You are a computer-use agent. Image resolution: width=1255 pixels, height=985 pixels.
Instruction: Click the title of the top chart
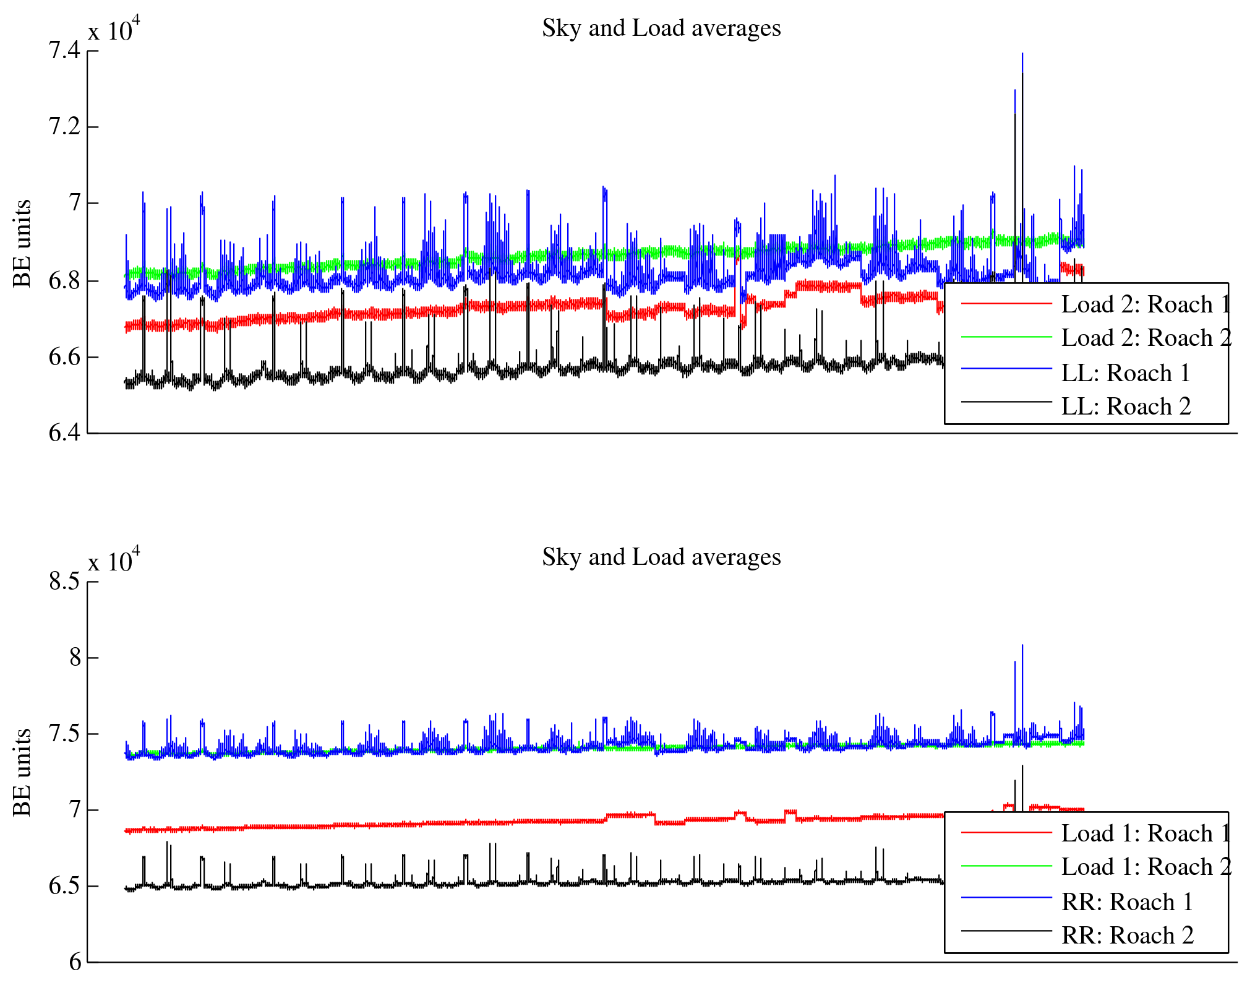(x=661, y=28)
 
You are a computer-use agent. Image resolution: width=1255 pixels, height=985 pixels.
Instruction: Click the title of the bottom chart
(x=661, y=557)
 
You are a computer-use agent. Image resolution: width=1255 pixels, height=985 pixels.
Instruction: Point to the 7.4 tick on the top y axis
(x=64, y=51)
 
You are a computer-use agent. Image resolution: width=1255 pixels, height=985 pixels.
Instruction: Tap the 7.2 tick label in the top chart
(x=64, y=127)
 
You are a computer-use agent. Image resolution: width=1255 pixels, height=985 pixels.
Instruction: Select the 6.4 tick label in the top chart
(x=64, y=433)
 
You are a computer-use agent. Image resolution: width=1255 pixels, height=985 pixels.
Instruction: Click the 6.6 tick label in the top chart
(x=64, y=357)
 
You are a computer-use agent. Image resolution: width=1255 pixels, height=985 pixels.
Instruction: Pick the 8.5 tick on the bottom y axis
(x=64, y=582)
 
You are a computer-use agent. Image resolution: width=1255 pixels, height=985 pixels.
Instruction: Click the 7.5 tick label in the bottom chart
(x=64, y=734)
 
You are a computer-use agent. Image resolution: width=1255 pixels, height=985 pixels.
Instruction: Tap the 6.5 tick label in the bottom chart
(x=64, y=886)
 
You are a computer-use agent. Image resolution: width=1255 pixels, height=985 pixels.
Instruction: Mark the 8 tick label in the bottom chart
(x=75, y=658)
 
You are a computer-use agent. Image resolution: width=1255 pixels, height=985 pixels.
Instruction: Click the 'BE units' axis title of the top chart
(x=22, y=243)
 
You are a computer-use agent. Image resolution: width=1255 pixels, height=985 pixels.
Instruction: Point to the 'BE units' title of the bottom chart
(x=22, y=772)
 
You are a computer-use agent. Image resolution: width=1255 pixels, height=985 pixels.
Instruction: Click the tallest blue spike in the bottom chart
(x=1022, y=647)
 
